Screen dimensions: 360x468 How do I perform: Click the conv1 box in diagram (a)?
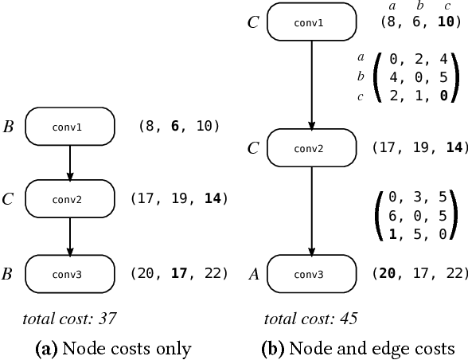tap(70, 127)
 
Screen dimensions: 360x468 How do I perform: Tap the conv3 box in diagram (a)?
tap(70, 273)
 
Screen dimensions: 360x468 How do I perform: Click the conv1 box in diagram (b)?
tap(311, 22)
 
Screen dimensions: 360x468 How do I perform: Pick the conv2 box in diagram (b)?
tap(311, 148)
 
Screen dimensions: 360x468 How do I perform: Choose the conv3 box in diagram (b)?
tap(311, 273)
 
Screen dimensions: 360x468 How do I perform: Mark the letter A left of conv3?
tap(252, 274)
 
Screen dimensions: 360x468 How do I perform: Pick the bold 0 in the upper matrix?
tap(441, 96)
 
